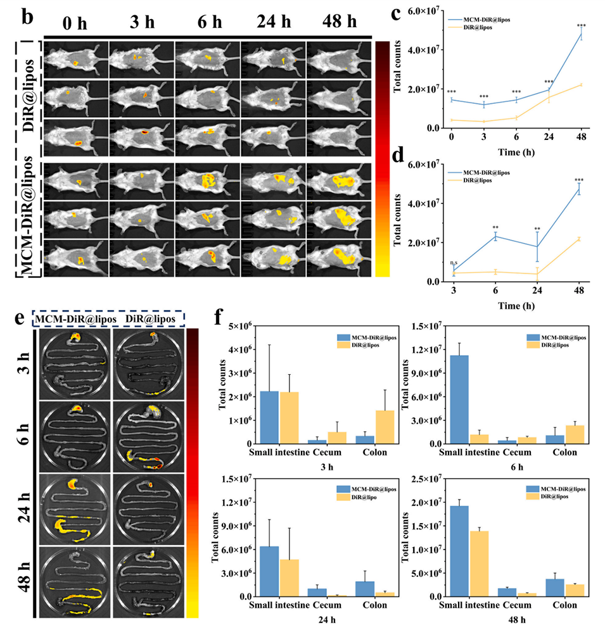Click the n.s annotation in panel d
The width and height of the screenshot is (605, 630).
(452, 261)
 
